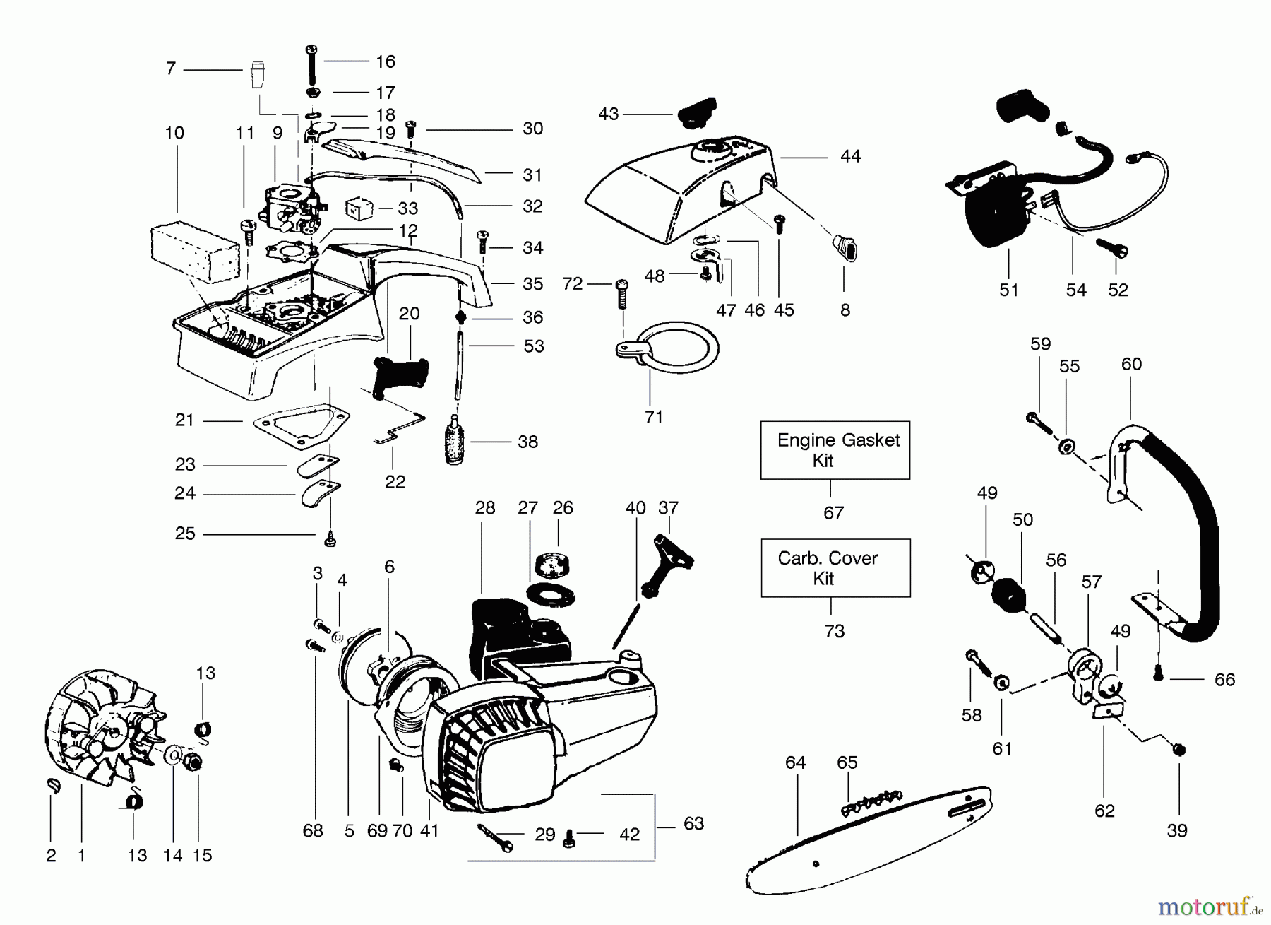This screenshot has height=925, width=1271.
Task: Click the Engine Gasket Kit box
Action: click(x=835, y=450)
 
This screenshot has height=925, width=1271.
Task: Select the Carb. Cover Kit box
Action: click(x=835, y=568)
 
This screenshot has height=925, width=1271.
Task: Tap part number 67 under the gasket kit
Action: click(x=833, y=512)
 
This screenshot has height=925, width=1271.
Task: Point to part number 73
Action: click(x=834, y=630)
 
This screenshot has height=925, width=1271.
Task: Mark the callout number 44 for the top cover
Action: click(x=851, y=156)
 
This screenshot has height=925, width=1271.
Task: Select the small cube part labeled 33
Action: click(x=358, y=208)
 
